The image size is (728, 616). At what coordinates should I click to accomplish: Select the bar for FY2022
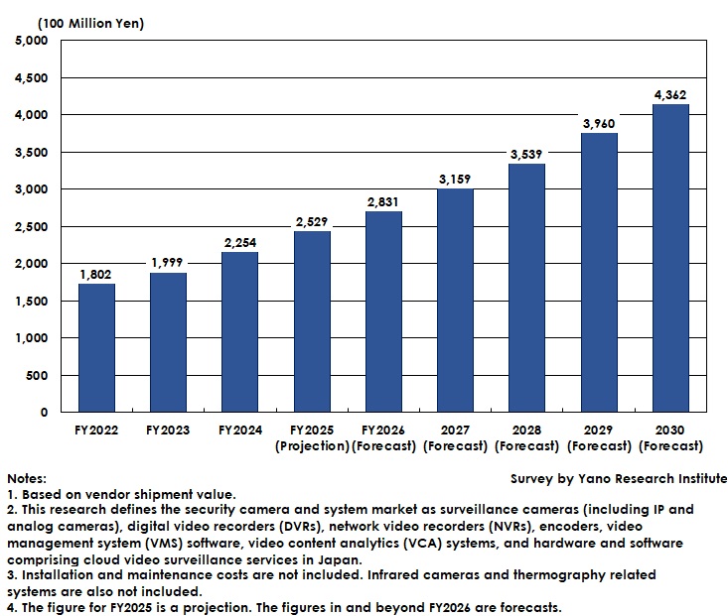97,347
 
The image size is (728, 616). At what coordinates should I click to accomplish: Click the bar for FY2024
240,331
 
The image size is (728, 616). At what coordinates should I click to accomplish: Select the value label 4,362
670,95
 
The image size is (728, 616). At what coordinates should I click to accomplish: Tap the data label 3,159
455,180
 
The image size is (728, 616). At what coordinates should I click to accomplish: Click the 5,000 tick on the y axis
32,41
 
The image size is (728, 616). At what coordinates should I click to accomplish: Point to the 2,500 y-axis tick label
32,226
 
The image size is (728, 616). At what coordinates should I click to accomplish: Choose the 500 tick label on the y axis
38,375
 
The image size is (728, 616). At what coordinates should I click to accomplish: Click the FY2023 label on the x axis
168,431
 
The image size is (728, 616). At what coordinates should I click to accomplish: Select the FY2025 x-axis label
312,431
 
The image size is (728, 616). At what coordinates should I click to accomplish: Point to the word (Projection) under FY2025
312,445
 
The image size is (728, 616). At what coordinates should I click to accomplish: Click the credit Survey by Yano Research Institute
618,479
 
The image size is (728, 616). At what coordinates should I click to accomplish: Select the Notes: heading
26,479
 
